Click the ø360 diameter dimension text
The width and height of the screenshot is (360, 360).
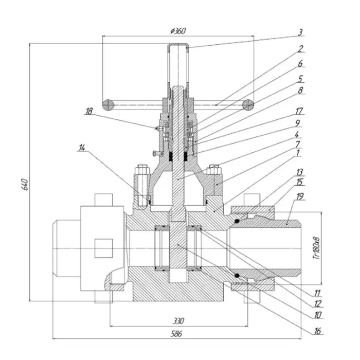click(x=178, y=31)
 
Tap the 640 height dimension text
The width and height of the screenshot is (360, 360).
click(x=25, y=184)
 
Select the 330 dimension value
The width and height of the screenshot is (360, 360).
click(x=178, y=321)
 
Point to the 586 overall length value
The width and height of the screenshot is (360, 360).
click(x=176, y=334)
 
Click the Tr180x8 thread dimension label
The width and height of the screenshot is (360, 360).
click(x=317, y=248)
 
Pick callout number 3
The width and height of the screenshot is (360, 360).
click(x=300, y=32)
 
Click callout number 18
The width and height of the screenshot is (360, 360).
click(x=89, y=111)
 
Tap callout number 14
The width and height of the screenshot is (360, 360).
click(x=82, y=148)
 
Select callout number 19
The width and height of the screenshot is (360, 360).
click(x=300, y=196)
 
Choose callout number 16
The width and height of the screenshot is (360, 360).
click(x=317, y=331)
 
